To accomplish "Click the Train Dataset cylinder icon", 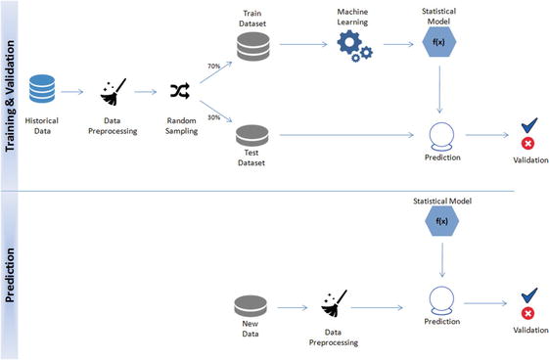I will click(x=252, y=45).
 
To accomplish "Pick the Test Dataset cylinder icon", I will click(x=252, y=135).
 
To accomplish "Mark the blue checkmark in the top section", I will click(x=527, y=126).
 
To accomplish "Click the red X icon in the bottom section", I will click(x=527, y=315).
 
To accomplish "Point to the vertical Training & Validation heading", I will click(x=13, y=93).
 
